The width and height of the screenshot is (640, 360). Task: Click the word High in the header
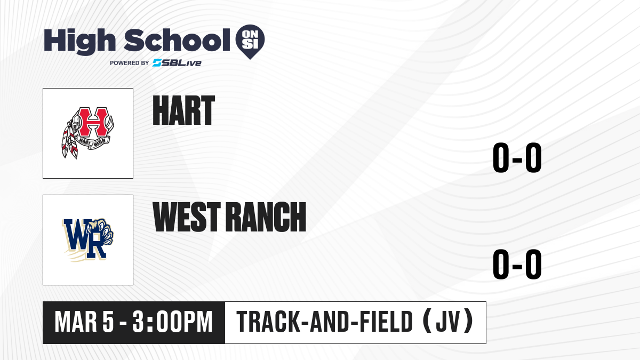(79, 41)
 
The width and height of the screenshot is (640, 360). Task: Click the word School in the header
(177, 40)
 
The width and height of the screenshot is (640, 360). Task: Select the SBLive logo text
(177, 63)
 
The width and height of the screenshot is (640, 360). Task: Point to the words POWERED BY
(130, 63)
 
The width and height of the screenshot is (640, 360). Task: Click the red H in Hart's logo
(93, 122)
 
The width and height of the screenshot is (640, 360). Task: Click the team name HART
(183, 110)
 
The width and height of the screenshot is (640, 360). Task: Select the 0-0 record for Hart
(517, 157)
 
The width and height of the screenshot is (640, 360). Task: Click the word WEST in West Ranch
(187, 217)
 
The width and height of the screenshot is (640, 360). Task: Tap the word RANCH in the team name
(266, 217)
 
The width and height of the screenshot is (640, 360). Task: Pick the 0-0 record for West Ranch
(517, 265)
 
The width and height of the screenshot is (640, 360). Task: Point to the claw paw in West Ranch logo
(102, 231)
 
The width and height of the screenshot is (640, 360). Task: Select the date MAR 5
(84, 322)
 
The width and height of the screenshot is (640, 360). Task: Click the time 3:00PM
(172, 322)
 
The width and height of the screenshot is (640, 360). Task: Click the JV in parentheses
(447, 322)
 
